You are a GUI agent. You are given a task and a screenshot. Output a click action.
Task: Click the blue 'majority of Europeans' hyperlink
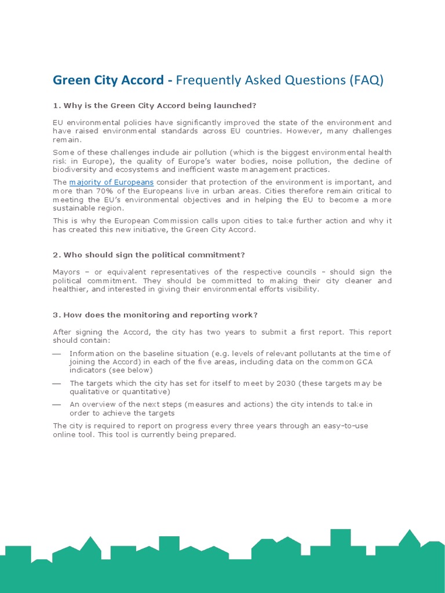coord(111,182)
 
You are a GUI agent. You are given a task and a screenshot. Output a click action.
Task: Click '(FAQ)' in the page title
coord(366,80)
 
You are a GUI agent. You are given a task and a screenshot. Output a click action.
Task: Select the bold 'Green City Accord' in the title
coord(108,80)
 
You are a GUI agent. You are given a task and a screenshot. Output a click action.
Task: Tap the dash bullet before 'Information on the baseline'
coord(56,354)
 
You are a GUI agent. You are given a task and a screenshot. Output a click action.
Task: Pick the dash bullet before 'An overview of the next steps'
coord(56,405)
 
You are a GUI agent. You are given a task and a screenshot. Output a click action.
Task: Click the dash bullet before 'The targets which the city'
coord(56,384)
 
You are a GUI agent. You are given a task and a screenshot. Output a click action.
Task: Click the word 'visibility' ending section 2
coord(299,289)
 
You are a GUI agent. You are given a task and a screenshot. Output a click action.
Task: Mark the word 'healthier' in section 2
coord(70,289)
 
